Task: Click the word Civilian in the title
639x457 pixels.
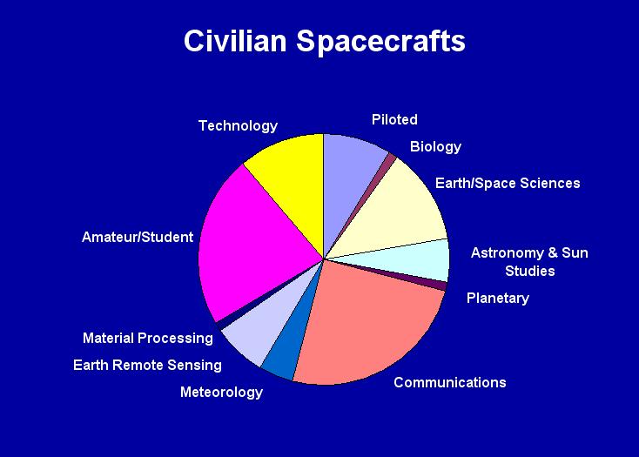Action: (235, 41)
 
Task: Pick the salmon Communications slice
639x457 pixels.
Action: (367, 326)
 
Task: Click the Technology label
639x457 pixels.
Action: (238, 126)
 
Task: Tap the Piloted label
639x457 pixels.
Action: (394, 119)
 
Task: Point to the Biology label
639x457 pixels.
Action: (435, 146)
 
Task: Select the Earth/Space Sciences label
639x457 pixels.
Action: (508, 184)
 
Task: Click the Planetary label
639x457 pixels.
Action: (498, 299)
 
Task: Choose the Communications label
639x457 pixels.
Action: (450, 382)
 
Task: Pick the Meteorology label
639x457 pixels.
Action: (221, 393)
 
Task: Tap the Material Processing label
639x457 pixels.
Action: (147, 338)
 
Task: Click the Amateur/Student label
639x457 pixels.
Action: (138, 237)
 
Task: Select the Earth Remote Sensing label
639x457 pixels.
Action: (147, 366)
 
